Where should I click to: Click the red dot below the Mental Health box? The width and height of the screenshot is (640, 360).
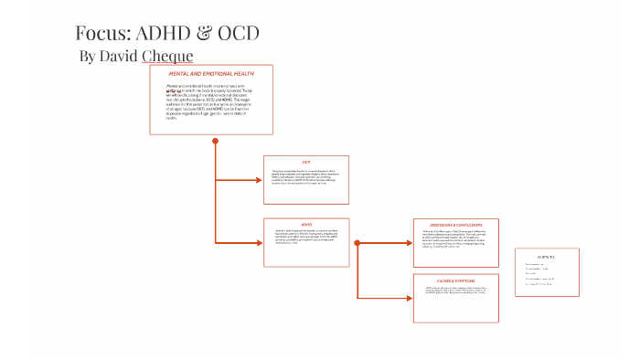pos(216,141)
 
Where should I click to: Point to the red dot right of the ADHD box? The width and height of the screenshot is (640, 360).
pos(357,242)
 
